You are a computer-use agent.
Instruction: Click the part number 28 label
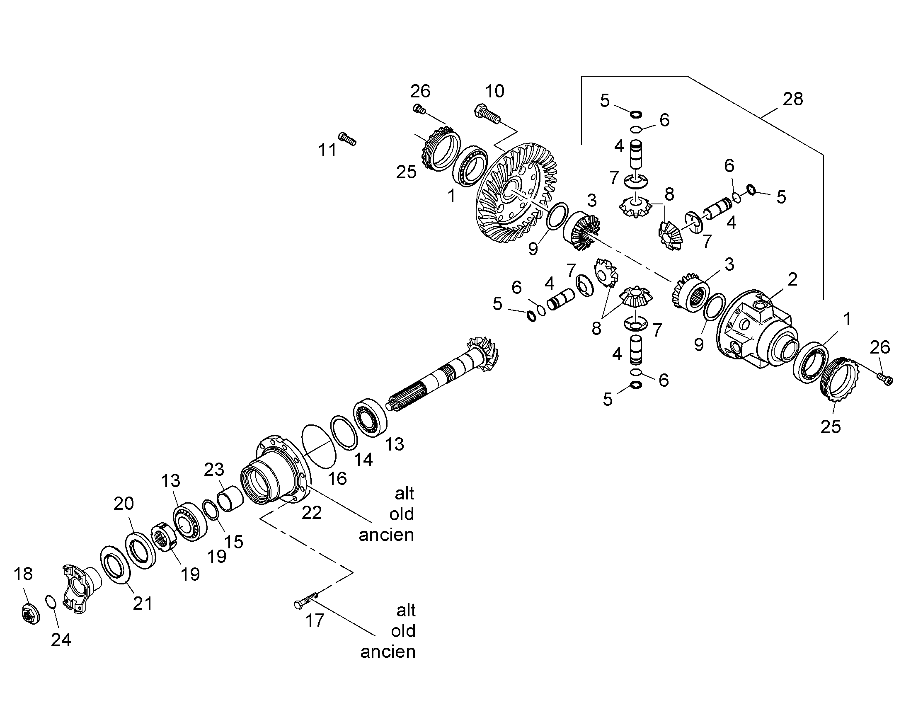coord(793,99)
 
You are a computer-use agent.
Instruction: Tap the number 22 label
coord(311,514)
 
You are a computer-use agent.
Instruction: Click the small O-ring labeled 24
coord(50,601)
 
